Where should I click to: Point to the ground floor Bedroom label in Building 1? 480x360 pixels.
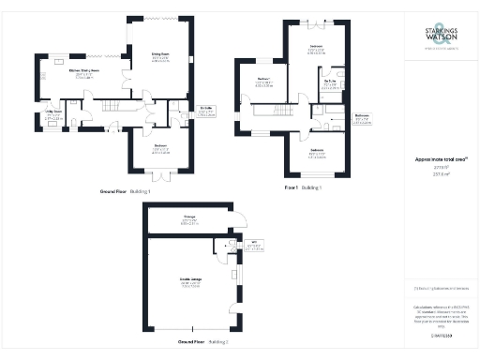(160, 148)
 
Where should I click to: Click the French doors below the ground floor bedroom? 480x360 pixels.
(161, 174)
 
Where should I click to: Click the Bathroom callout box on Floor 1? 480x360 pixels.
(362, 119)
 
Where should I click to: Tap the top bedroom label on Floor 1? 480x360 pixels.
(318, 49)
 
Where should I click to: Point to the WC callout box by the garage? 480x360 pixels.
(254, 247)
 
